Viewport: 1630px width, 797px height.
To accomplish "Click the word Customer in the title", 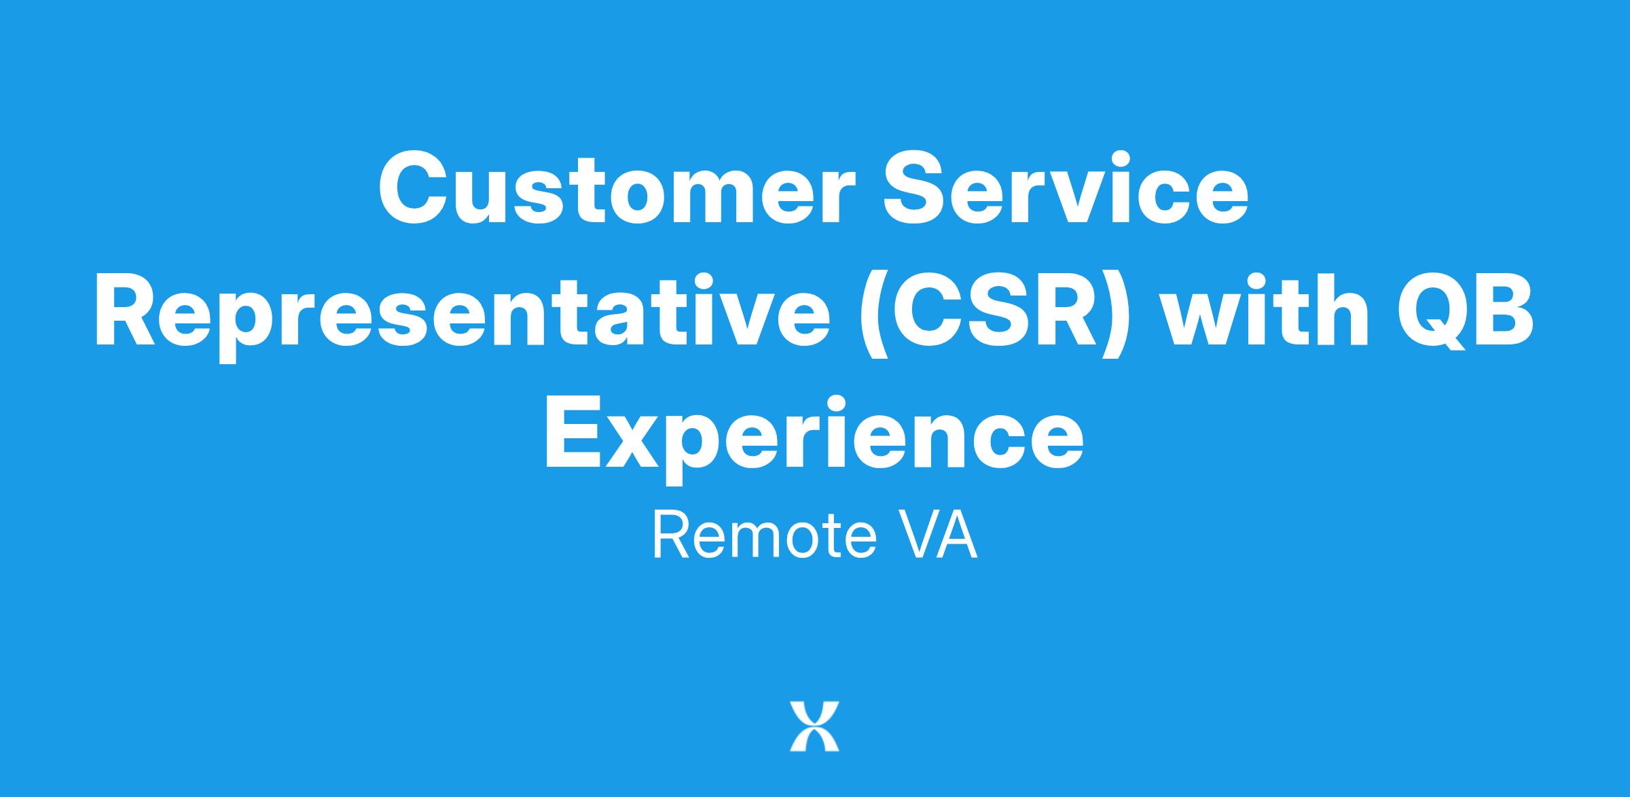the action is (x=613, y=188).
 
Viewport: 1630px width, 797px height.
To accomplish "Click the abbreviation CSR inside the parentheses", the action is (x=991, y=307).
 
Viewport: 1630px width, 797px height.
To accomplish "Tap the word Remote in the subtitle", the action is (x=763, y=535).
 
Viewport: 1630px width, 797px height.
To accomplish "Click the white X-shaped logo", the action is (x=814, y=726).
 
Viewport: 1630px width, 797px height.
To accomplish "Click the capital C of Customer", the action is (x=413, y=188).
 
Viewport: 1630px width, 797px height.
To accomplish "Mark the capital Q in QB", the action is (x=1433, y=311).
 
